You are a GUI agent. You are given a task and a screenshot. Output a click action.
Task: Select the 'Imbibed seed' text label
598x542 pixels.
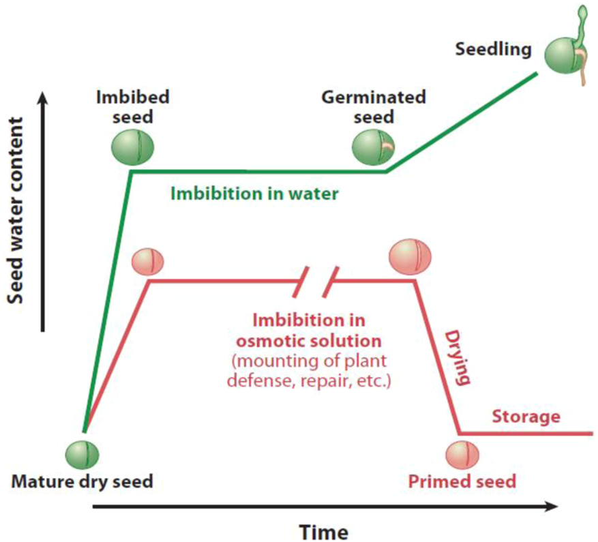[132, 106]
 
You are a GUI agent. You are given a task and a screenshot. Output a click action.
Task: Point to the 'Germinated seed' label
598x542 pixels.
[374, 106]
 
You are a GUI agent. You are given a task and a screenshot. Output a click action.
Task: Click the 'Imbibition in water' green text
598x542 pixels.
[254, 194]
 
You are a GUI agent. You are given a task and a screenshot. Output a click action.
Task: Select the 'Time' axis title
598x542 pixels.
[325, 530]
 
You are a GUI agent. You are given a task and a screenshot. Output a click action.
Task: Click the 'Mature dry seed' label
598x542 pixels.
[82, 481]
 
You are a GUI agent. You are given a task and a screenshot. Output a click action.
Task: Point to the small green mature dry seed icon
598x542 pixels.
[83, 452]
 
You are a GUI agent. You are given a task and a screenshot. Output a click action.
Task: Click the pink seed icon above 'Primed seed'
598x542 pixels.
[462, 453]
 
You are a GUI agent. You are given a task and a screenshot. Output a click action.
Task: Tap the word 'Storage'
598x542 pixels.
[526, 416]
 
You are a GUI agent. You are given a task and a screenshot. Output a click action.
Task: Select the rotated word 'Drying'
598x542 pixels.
[458, 357]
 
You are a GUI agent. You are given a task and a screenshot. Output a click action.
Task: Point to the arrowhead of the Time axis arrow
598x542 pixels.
[551, 507]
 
